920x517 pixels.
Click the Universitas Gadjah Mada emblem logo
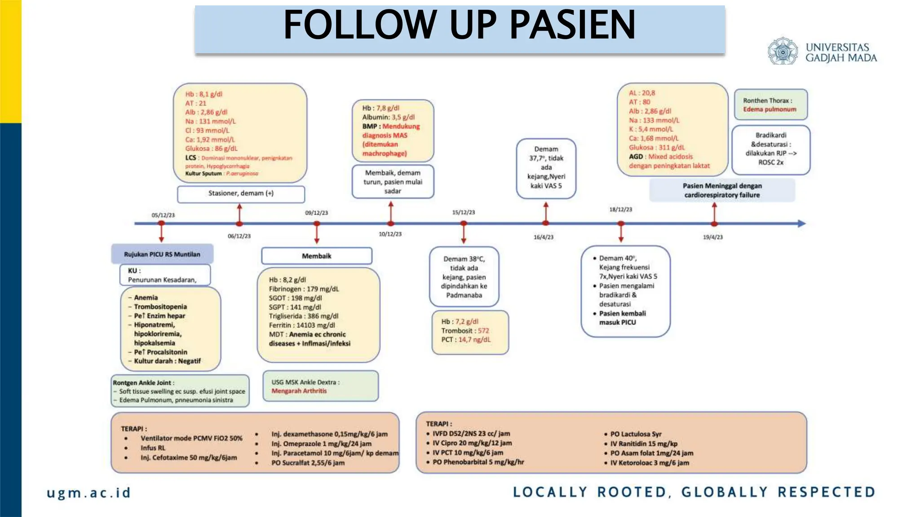783,52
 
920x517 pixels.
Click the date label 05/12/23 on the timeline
163,215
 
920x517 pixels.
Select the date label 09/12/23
317,213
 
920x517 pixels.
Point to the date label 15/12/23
464,212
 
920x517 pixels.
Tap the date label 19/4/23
713,237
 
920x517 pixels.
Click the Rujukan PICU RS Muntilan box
162,254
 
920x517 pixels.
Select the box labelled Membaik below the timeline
317,256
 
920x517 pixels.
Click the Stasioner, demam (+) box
241,193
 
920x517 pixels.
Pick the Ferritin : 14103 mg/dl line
302,325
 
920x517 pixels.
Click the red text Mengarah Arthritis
299,391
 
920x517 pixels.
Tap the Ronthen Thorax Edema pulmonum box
770,105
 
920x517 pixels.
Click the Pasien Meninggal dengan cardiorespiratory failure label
722,190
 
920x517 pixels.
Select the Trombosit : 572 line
465,330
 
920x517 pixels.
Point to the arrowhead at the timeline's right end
801,223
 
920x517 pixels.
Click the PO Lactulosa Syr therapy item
636,434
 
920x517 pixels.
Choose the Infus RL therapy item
153,448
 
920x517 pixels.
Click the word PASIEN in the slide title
572,25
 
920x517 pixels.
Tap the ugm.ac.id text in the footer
88,493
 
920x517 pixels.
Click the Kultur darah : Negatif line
167,361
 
